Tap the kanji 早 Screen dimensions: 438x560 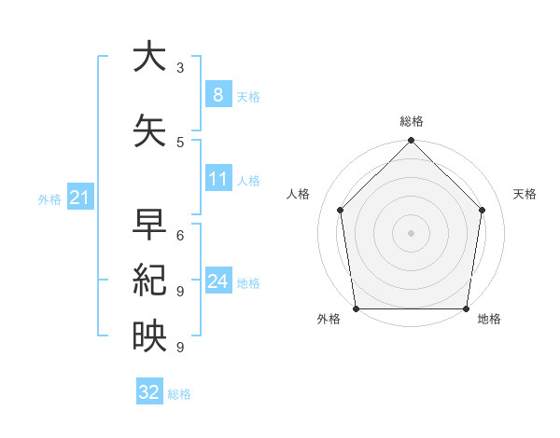point(150,225)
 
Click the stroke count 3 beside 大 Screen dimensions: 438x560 point(180,67)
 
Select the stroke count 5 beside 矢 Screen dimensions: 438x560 point(180,142)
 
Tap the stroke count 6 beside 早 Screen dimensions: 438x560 point(180,235)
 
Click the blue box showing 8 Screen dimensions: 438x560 point(217,95)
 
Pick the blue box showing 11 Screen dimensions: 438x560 point(217,179)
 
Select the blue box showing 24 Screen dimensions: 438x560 point(217,281)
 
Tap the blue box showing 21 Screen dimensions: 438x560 point(79,198)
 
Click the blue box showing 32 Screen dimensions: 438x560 point(149,392)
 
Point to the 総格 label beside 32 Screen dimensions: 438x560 point(179,394)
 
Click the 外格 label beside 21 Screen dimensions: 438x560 point(49,199)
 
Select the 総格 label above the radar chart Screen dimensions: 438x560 point(412,121)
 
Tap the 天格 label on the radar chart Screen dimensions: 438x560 point(525,194)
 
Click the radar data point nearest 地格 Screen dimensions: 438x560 point(466,308)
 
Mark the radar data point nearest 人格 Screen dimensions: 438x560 point(341,210)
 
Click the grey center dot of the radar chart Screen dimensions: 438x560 point(412,233)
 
